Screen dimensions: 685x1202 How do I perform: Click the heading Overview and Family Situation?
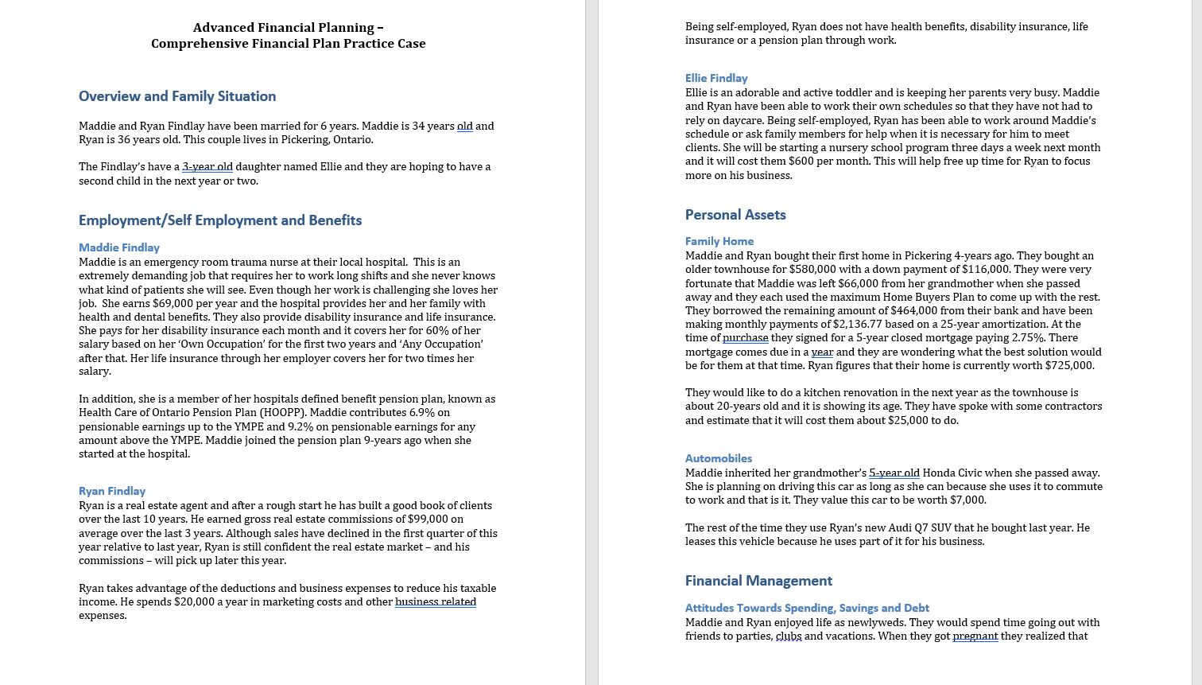coord(177,96)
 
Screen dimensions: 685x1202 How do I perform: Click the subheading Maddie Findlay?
coord(119,247)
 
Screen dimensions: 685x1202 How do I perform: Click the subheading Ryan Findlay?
coord(112,491)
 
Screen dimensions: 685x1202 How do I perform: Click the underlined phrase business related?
coord(435,601)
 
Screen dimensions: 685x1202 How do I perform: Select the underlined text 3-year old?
coord(207,166)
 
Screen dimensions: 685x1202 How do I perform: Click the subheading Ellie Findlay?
coord(716,78)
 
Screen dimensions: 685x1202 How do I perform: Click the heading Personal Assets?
coord(735,215)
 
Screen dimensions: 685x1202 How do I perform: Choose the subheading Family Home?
coord(719,241)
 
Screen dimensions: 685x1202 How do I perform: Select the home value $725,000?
coord(1068,365)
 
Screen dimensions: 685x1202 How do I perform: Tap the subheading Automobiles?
coord(719,458)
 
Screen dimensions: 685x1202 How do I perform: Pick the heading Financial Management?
coord(758,581)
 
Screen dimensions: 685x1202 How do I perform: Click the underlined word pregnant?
coord(975,636)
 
